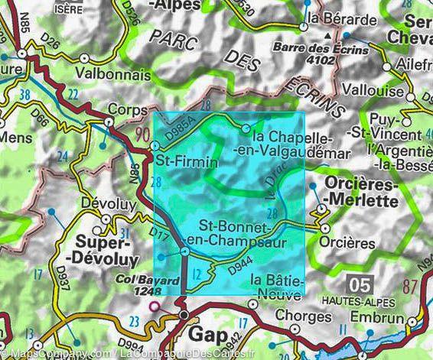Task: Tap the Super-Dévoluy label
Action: (x=114, y=252)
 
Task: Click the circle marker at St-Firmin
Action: (x=155, y=146)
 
